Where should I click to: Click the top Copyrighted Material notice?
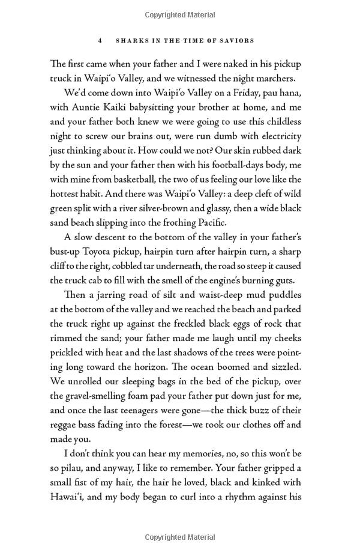(179, 13)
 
